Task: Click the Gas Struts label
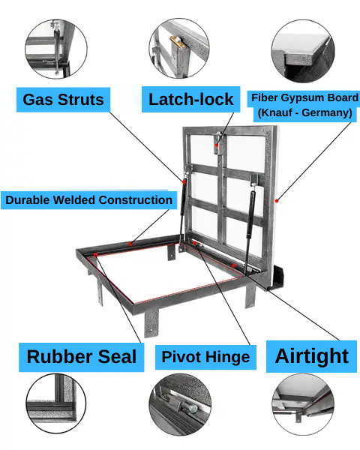click(x=63, y=100)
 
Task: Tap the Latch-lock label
click(x=191, y=99)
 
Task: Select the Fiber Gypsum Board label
click(x=304, y=106)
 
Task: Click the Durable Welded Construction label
click(x=88, y=200)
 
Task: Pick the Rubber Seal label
click(x=82, y=357)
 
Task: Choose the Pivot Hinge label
click(x=205, y=357)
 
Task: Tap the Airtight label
click(x=311, y=356)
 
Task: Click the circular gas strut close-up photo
click(x=56, y=49)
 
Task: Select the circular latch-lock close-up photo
click(x=179, y=48)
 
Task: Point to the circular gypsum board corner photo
click(x=303, y=51)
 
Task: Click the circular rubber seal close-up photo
click(x=56, y=403)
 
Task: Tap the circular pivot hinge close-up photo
click(x=180, y=404)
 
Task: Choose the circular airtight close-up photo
click(x=303, y=404)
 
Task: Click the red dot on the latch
click(x=217, y=145)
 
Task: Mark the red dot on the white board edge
click(x=277, y=201)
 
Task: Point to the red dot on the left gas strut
click(x=184, y=181)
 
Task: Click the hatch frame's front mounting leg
click(x=151, y=322)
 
